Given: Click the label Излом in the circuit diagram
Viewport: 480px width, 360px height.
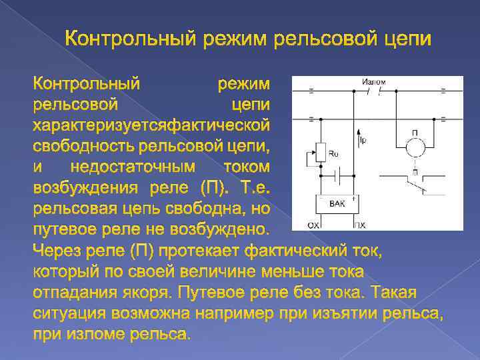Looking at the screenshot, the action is click(x=373, y=82).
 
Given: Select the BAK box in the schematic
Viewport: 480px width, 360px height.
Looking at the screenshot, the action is click(x=337, y=205).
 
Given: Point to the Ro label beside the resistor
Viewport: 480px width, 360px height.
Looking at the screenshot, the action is click(x=335, y=154).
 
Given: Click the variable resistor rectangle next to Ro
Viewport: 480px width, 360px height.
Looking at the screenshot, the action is click(x=321, y=153).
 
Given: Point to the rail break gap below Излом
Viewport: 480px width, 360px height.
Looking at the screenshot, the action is click(x=373, y=92).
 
